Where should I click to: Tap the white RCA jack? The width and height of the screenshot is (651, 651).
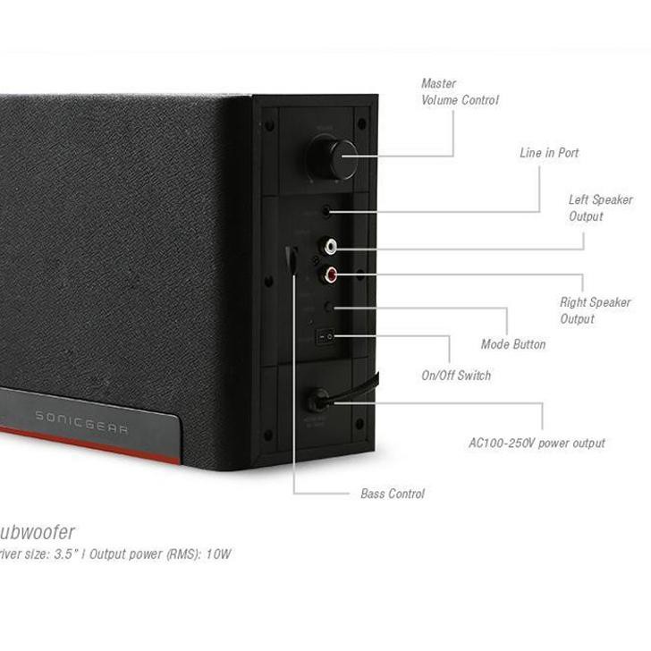pos(332,244)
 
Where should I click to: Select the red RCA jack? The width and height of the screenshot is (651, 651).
pos(332,275)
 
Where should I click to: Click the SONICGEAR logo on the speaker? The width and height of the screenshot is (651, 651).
pos(81,421)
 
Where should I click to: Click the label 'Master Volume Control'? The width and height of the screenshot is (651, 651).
pos(460,92)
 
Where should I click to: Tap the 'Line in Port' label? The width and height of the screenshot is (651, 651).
pos(549,153)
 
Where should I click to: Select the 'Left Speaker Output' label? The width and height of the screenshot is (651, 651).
pos(600,208)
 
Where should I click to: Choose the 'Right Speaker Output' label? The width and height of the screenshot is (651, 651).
pos(595,311)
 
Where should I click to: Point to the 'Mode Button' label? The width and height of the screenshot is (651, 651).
pos(512,344)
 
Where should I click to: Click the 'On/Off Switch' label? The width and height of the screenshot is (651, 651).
pos(456,376)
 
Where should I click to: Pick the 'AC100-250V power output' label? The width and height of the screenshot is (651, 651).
pos(537,443)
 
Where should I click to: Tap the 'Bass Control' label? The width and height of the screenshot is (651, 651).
pos(393,494)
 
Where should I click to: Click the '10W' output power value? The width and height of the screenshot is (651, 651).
pos(218,554)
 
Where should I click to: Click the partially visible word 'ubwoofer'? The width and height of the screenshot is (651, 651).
pos(38,533)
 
